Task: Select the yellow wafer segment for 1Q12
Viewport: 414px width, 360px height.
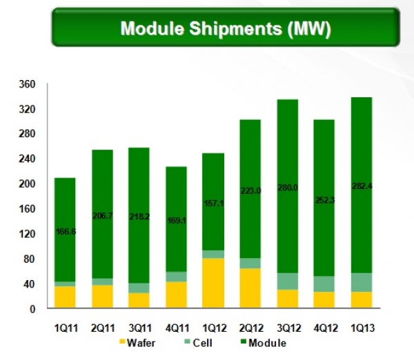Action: coord(213,283)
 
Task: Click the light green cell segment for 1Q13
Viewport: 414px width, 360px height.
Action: coord(362,282)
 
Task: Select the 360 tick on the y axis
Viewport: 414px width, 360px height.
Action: coord(26,84)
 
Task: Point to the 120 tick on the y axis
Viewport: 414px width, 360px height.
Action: coord(26,234)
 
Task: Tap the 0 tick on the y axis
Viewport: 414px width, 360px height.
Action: coord(32,309)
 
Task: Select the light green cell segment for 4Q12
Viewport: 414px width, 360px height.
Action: coord(325,284)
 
